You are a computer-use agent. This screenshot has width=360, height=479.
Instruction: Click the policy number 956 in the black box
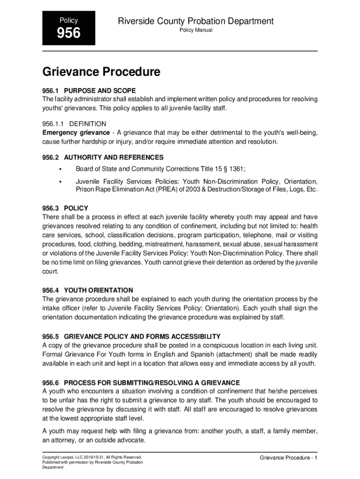click(x=69, y=33)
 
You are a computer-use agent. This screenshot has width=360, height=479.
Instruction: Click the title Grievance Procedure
click(x=101, y=72)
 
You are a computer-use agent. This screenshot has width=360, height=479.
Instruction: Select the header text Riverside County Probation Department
click(x=196, y=21)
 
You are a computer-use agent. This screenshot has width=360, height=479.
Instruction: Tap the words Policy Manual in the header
click(x=196, y=30)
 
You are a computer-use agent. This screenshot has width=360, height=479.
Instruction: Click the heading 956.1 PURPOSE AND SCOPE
click(x=89, y=90)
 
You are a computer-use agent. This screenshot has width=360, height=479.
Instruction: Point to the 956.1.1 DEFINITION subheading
click(x=74, y=124)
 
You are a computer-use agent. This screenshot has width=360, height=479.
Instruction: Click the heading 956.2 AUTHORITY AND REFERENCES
click(x=103, y=157)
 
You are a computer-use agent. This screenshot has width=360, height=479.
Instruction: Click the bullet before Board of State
click(x=60, y=169)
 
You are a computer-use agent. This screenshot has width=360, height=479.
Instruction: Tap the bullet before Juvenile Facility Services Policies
click(x=60, y=181)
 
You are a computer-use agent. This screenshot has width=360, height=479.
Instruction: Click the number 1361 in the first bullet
click(x=235, y=169)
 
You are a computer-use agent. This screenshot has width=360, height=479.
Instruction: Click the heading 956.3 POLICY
click(x=65, y=208)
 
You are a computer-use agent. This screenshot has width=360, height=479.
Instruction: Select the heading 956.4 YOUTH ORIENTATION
click(x=87, y=290)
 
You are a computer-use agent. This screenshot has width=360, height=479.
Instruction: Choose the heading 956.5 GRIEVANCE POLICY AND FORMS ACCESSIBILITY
click(x=131, y=337)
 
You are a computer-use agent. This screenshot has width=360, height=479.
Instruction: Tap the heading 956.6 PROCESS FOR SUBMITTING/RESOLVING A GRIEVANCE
click(x=141, y=382)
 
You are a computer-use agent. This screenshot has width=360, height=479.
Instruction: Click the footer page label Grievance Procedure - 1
click(x=288, y=457)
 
